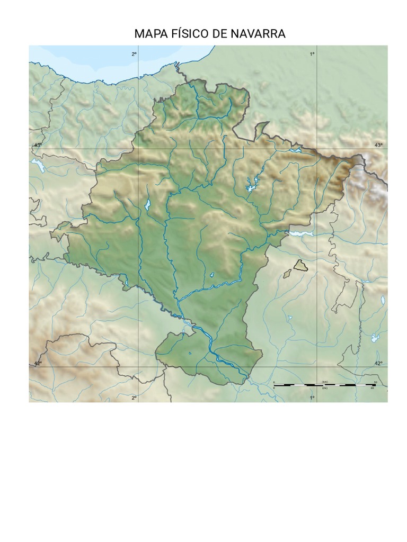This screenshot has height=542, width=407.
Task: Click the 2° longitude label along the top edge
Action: coord(134,54)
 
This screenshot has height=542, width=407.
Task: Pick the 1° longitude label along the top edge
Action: coord(312,54)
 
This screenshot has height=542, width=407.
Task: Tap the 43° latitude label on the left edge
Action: coord(38,145)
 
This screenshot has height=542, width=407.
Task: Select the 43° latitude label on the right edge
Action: coord(378,145)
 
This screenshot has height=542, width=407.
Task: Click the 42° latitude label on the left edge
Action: coord(38,364)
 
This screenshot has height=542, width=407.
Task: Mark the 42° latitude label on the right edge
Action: coord(378,364)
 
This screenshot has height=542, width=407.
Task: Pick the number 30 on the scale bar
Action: coord(372,388)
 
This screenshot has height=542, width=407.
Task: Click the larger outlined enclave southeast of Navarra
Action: coord(300,265)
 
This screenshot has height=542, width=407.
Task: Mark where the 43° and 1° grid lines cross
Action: coord(317,149)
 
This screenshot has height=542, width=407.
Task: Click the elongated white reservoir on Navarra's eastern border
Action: coord(300,232)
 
